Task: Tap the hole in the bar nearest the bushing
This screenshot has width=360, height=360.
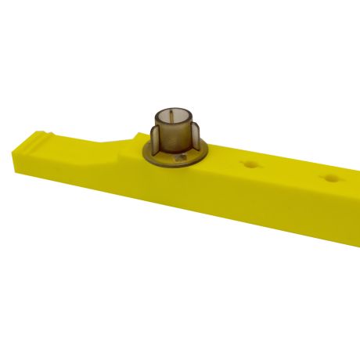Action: click(x=250, y=164)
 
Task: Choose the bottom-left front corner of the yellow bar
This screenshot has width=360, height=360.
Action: click(x=17, y=169)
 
